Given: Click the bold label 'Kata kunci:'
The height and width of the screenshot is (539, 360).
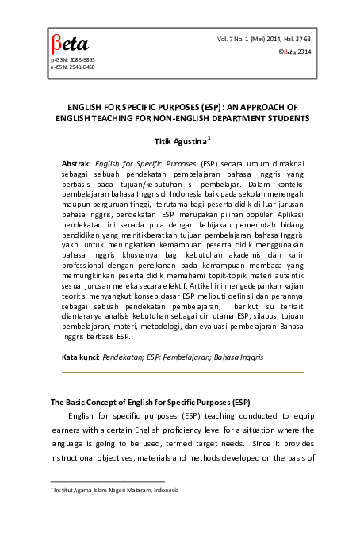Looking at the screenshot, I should click(x=80, y=357).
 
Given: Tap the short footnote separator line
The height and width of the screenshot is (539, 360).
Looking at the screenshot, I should click(x=107, y=481).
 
